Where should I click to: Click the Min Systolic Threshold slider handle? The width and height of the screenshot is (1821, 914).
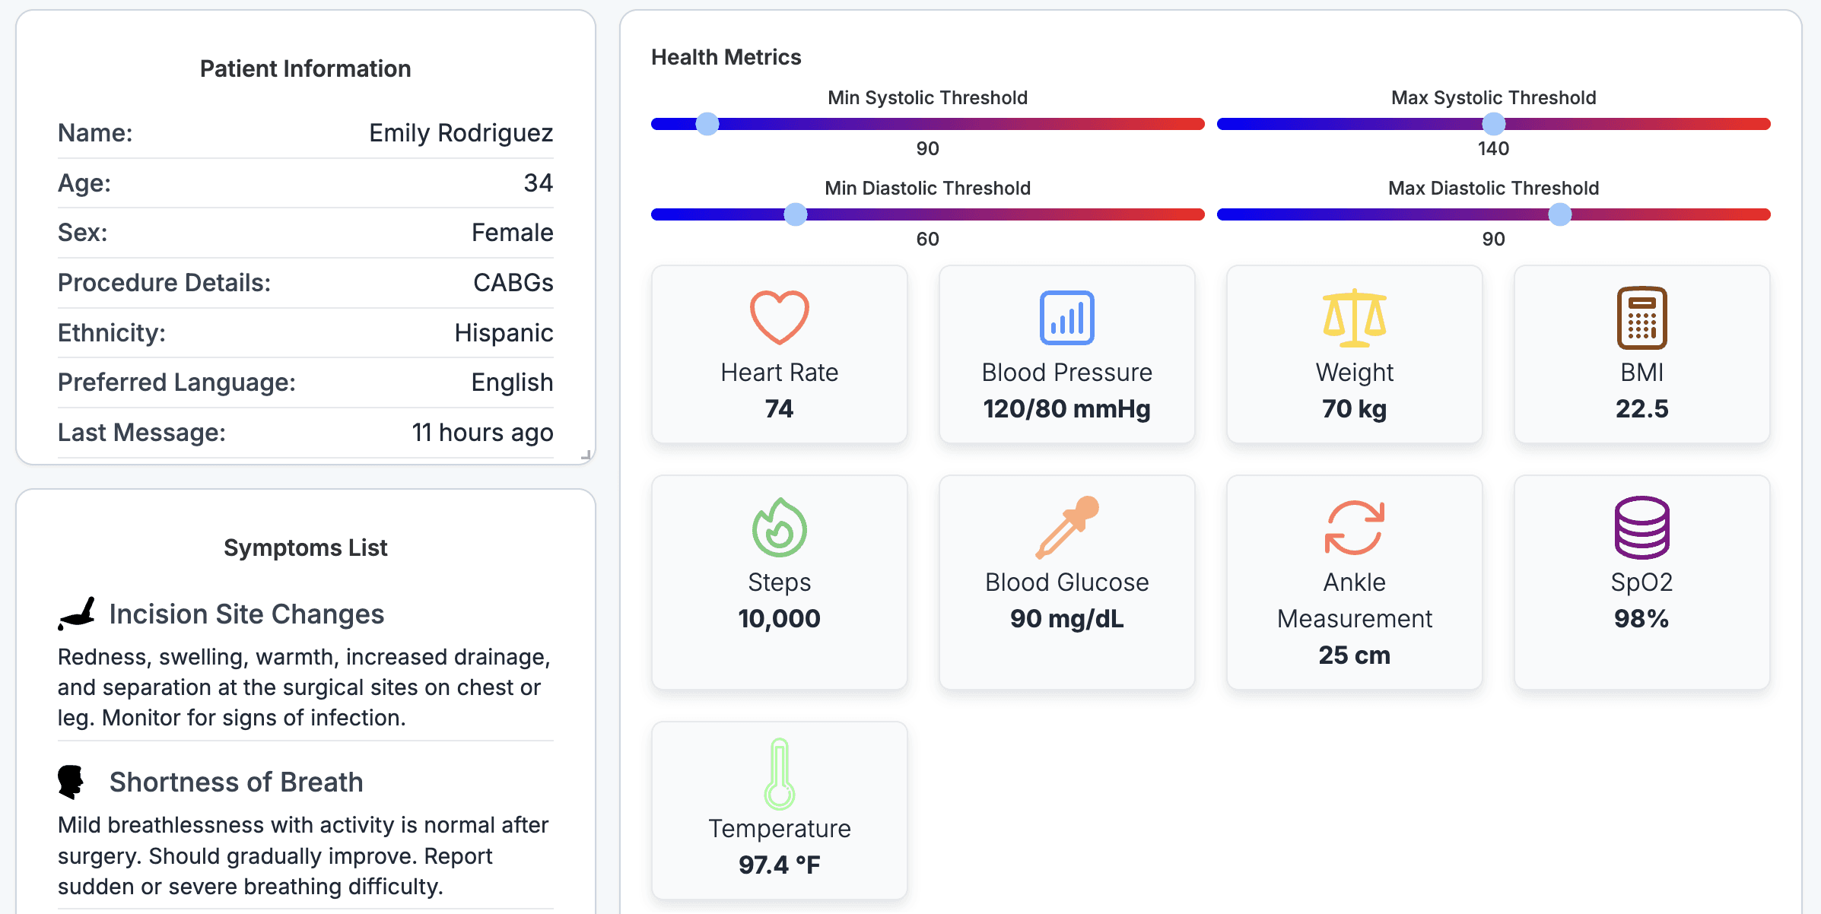707,124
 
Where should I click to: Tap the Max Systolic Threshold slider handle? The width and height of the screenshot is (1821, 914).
1494,124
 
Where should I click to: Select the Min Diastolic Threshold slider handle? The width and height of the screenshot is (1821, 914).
796,214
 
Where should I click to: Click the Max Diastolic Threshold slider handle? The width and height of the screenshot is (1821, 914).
1560,214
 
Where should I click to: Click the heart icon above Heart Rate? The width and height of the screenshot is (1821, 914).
780,317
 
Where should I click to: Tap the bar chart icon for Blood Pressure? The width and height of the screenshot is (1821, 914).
1067,317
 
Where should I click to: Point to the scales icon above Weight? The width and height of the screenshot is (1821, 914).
1355,318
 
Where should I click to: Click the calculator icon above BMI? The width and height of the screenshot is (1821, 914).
1642,317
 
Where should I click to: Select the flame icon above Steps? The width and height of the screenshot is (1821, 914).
780,527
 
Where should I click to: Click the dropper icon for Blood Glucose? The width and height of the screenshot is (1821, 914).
1067,527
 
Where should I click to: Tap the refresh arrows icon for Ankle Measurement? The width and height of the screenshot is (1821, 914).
1355,527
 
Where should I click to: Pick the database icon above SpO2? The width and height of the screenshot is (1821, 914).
1642,527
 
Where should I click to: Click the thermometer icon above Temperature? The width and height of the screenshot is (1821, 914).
780,773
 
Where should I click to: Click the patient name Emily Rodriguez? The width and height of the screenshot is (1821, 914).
461,133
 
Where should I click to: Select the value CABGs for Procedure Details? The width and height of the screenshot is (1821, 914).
513,283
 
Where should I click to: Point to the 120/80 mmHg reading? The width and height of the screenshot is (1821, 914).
1067,409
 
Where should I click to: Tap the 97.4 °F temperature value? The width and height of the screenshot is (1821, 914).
780,865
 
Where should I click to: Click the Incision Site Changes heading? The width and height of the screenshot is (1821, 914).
246,614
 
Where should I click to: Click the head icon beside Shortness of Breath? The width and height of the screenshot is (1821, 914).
71,782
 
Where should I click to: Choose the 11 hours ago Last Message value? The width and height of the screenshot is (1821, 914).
483,433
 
